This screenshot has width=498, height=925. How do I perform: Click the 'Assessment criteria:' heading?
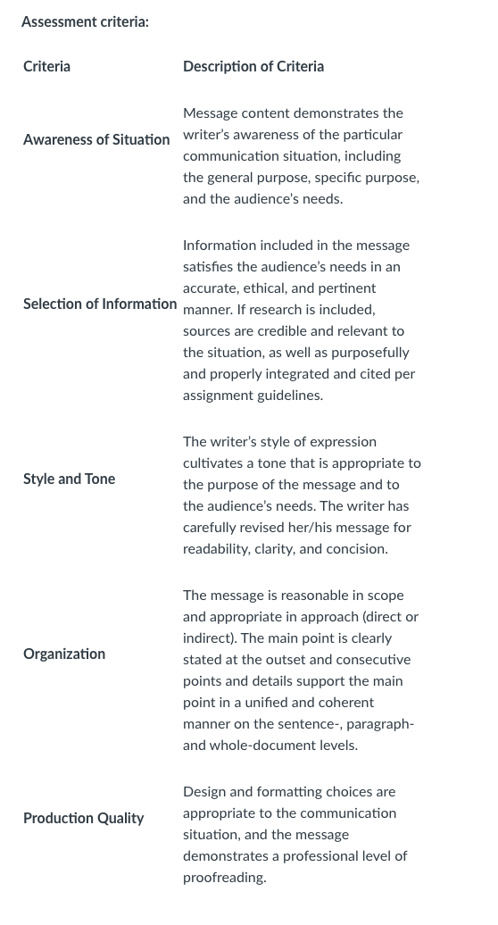pos(85,21)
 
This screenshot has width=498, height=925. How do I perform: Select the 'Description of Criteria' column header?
pos(253,66)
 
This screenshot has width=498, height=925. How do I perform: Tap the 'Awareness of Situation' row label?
pos(96,139)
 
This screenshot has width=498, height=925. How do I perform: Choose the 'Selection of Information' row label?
pos(100,304)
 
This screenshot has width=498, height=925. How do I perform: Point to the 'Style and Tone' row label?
pos(69,479)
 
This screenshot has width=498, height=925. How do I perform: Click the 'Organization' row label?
pos(64,654)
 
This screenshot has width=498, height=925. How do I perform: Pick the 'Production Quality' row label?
pos(83,818)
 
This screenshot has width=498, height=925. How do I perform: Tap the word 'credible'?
pos(271,331)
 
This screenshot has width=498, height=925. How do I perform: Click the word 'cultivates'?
pos(213,463)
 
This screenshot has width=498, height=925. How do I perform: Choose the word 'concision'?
pos(356,549)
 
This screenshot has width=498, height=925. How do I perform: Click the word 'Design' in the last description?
pos(203,792)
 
